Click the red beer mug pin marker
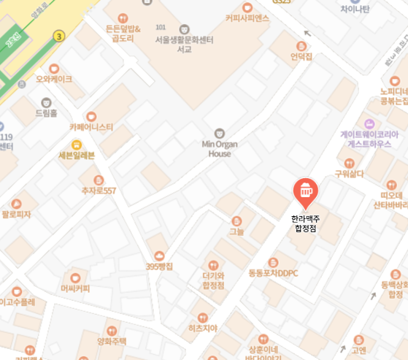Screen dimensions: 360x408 (x=305, y=191)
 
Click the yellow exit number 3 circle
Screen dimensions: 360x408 (x=59, y=35)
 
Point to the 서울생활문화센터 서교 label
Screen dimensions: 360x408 (x=184, y=44)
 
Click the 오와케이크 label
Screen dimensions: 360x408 (x=54, y=78)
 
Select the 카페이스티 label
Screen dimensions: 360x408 (x=91, y=126)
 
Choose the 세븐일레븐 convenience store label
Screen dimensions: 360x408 (x=77, y=156)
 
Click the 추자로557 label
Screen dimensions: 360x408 (x=99, y=191)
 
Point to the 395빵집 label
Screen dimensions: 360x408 (x=158, y=267)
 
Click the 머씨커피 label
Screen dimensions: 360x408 (x=75, y=288)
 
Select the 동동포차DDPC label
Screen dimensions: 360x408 (x=274, y=273)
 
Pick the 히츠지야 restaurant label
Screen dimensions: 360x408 (x=203, y=328)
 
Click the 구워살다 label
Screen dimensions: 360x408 (x=349, y=174)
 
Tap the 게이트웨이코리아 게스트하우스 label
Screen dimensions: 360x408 (x=369, y=139)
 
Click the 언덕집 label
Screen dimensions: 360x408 (x=301, y=56)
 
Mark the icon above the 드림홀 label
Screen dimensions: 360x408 (x=47, y=102)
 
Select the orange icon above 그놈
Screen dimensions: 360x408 (x=236, y=221)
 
